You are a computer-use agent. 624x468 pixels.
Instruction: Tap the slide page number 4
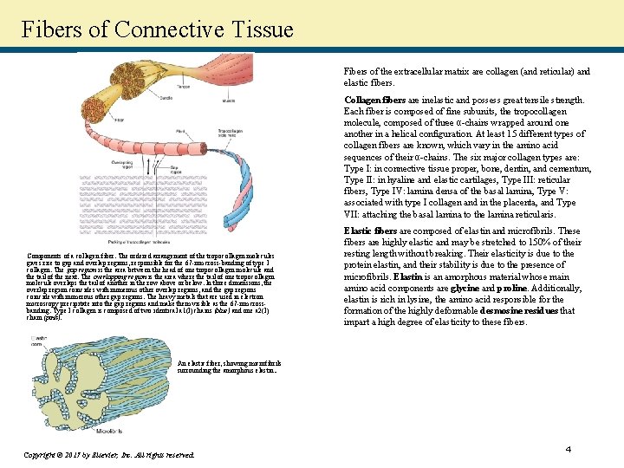(569, 449)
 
